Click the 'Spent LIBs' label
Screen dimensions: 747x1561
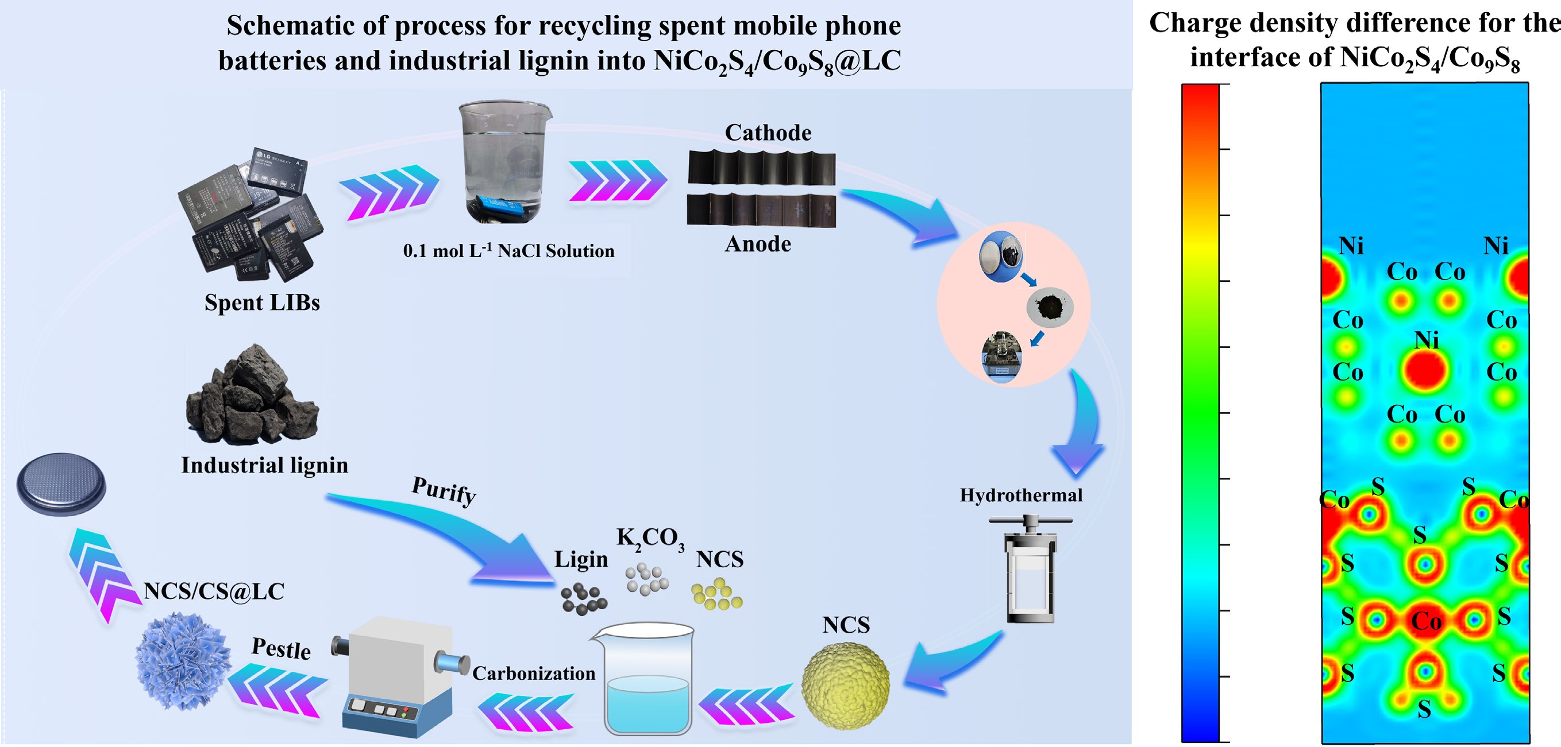tap(262, 303)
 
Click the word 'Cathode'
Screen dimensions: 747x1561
tap(768, 133)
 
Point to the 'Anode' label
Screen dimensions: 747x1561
tap(758, 244)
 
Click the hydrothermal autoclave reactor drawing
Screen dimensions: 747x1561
tap(1030, 570)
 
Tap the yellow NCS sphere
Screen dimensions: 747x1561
tap(845, 686)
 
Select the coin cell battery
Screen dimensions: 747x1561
tap(61, 484)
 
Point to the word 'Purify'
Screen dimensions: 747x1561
tap(444, 490)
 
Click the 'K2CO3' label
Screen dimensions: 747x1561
tap(650, 537)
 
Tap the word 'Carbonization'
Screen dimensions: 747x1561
tap(533, 673)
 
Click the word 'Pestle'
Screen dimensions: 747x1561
tap(281, 648)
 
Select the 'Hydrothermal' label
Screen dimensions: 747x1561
tap(1021, 495)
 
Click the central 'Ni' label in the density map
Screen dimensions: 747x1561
tap(1426, 340)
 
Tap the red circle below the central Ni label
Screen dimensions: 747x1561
tap(1425, 370)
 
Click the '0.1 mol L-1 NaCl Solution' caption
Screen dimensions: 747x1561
tap(508, 251)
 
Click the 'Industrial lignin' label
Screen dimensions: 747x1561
tap(265, 465)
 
